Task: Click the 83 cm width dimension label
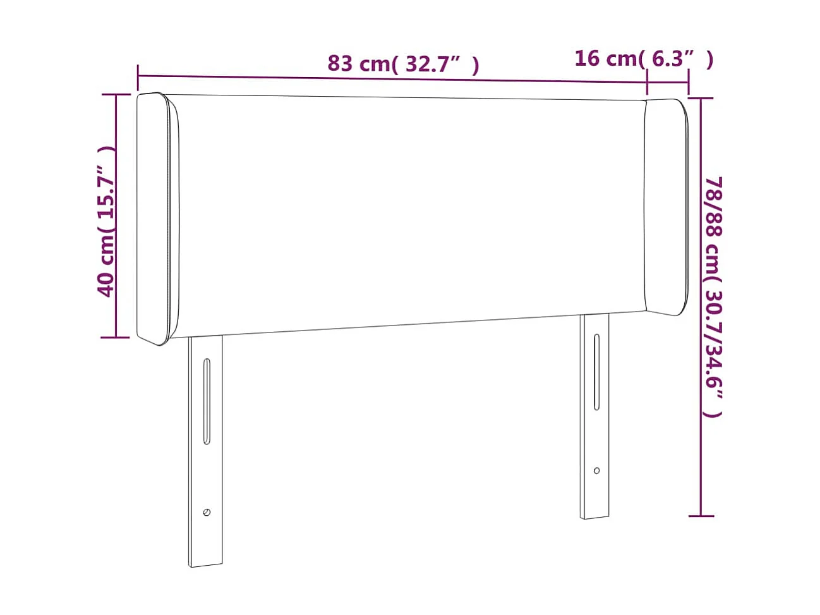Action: coord(403,64)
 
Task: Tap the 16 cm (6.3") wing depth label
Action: coord(643,59)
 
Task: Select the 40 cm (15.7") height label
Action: coord(106,221)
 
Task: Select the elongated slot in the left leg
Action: coord(207,401)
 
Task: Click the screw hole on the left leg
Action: coord(207,512)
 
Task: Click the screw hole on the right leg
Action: coord(597,470)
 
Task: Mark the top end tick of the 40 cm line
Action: coord(116,95)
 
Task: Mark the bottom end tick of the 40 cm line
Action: coord(116,338)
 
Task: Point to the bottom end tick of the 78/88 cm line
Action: coord(701,516)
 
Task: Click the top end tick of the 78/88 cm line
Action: coord(701,98)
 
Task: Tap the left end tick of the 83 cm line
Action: coord(138,76)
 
